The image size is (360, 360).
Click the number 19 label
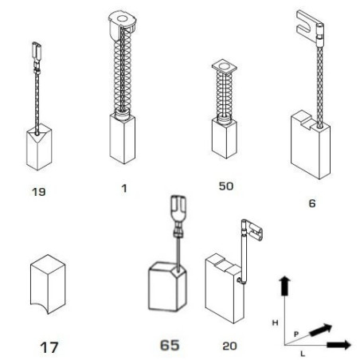pos(39,192)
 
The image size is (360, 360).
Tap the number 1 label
pos(124,189)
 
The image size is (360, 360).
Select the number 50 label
pos(226,186)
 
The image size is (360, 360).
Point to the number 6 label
pos(312,204)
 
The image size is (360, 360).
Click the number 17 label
pos(49,348)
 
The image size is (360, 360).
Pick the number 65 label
pos(170,346)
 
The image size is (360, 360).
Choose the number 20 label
pos(229,346)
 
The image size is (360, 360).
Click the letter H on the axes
pos(276,323)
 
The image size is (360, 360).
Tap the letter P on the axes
pos(296,334)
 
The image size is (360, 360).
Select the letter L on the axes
pos(303,354)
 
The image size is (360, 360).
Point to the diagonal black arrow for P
pos(321,330)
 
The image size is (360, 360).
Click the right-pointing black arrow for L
pos(339,345)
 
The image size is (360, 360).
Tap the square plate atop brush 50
pos(225,66)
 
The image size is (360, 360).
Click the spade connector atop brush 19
pos(37,53)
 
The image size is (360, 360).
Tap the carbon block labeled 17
pos(48,284)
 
